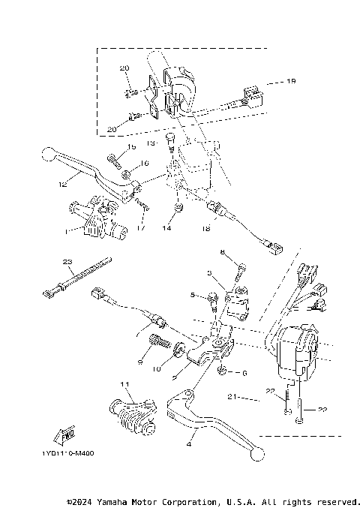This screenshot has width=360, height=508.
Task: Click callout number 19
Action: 292,80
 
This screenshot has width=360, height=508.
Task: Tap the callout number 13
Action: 150,143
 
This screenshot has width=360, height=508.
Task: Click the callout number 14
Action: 166,227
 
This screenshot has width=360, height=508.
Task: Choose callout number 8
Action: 222,252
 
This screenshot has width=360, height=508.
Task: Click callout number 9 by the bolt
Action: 139,362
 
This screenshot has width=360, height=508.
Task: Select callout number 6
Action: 242,372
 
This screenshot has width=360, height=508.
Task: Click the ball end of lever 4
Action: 259,453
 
